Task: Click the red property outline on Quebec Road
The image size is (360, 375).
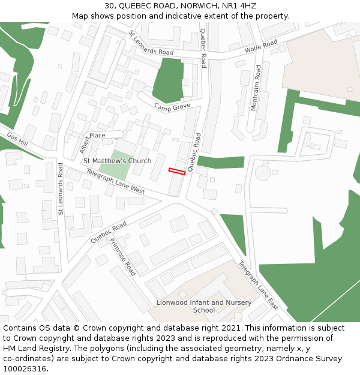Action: (x=176, y=172)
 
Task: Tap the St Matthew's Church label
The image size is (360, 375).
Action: (x=117, y=161)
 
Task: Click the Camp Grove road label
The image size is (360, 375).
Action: (x=172, y=107)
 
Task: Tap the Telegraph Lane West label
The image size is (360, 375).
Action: (x=115, y=181)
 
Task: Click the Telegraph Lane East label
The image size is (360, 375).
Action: (x=259, y=285)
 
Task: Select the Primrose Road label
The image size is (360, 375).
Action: (x=122, y=257)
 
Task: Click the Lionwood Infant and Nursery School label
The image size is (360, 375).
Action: (x=204, y=306)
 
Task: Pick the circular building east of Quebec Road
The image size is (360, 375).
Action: (x=263, y=173)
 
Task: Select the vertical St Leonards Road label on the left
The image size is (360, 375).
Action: (x=60, y=189)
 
